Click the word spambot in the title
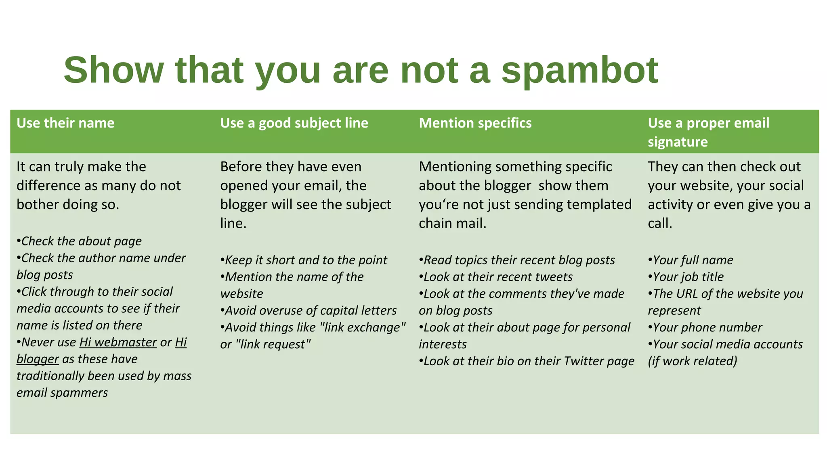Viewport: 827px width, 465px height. (579, 71)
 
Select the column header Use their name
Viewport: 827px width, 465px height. (65, 123)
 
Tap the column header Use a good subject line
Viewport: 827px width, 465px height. (294, 123)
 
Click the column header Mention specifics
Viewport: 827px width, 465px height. (475, 123)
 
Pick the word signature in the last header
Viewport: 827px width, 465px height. (678, 142)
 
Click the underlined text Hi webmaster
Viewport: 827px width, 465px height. (118, 342)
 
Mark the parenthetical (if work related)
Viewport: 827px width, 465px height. (692, 361)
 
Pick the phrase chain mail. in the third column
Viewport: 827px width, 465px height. (452, 223)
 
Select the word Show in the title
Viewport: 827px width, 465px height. (113, 71)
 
